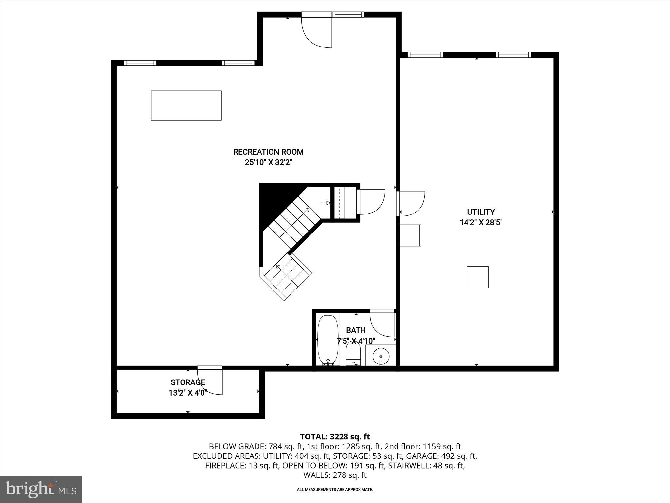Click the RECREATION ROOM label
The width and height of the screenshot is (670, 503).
268,152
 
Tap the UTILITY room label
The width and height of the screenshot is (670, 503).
481,212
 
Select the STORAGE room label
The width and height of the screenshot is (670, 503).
188,382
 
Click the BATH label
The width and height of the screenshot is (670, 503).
356,330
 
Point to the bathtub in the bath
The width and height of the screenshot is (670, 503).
327,339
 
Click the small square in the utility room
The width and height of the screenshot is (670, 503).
478,277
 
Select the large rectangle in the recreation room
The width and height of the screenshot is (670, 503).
186,105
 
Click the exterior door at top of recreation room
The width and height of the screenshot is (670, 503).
317,31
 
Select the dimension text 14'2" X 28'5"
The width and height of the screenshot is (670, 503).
481,223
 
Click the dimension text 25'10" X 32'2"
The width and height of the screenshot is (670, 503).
268,162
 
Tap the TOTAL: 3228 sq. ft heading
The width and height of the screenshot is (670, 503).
335,437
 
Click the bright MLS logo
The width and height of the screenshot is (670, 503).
41,489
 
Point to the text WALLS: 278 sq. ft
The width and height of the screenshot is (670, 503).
335,475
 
